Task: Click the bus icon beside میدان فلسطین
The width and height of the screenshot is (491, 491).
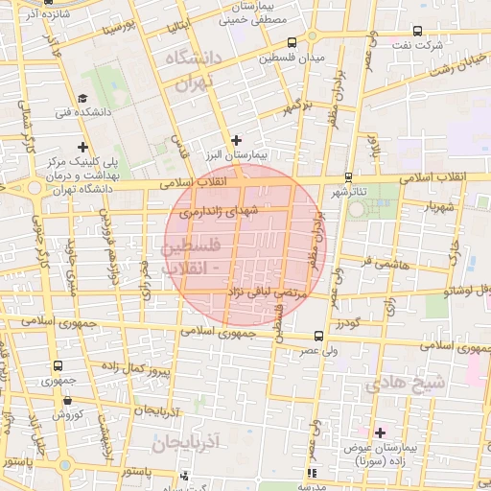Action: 292,42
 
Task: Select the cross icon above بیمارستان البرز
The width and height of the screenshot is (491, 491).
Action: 237,141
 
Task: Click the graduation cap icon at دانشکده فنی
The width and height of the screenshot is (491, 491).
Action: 83,99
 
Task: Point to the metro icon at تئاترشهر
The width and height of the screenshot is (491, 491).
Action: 347,176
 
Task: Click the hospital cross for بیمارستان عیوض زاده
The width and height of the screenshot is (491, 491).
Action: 380,433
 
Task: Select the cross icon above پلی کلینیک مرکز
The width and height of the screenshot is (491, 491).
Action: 84,147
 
